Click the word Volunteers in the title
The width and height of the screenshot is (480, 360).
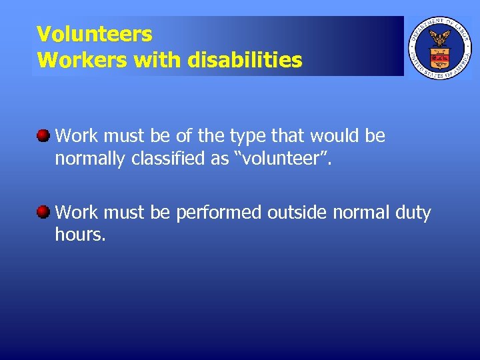[x=94, y=33]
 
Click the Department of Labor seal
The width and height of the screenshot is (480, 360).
[x=439, y=48]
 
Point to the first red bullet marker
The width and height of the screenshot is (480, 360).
[x=43, y=136]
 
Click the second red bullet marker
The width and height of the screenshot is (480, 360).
[x=43, y=213]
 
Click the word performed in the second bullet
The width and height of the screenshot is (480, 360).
[x=218, y=213]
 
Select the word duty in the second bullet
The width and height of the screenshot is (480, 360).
[x=414, y=213]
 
